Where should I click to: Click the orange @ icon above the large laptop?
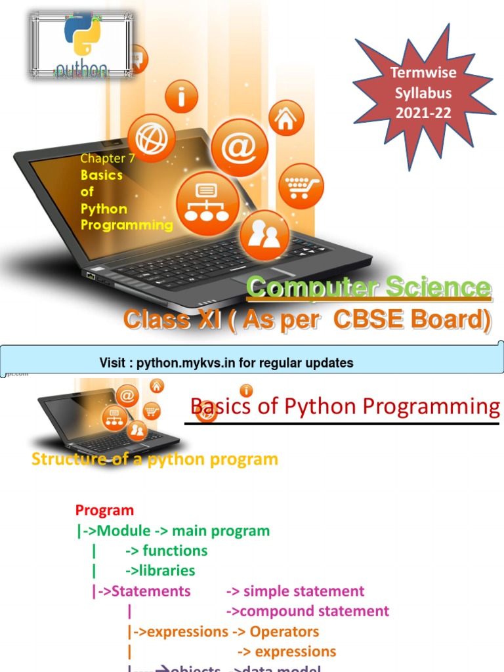pos(240,148)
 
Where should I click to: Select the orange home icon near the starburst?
pos(286,118)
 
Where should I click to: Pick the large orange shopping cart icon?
pos(301,186)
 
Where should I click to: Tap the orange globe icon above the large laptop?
pos(151,138)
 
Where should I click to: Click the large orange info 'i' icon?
pos(182,96)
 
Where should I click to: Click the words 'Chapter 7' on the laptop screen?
pos(102,158)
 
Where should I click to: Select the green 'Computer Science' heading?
pos(369,288)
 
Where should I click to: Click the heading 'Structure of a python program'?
pos(155,459)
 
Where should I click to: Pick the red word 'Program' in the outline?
pos(104,510)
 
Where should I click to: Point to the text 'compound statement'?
pos(314,612)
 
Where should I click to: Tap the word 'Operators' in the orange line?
pos(285,632)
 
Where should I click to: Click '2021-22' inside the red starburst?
pos(423,112)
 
